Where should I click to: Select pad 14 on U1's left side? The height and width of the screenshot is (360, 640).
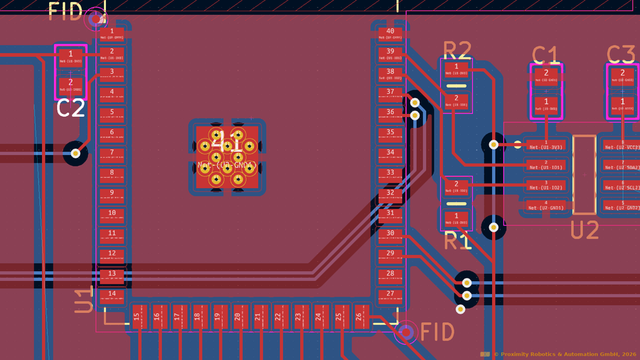(112, 295)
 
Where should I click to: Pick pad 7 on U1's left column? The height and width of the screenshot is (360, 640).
(112, 153)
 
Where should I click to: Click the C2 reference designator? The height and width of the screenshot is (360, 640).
(70, 109)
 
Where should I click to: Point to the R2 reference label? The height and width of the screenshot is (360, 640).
(457, 50)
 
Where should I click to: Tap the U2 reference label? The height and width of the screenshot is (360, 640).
(585, 230)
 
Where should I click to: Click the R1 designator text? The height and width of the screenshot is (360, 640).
(457, 241)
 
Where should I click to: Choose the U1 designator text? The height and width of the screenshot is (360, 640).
(83, 300)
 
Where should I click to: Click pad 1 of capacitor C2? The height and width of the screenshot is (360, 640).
(70, 56)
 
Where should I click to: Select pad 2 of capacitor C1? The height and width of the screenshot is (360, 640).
(546, 75)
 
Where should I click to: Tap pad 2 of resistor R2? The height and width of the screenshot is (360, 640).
(456, 100)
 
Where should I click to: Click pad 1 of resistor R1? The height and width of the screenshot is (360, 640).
(456, 218)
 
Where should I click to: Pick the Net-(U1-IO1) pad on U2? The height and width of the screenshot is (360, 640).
(545, 167)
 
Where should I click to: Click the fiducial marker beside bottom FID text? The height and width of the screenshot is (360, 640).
(407, 332)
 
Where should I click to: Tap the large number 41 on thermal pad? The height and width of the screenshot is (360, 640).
(227, 140)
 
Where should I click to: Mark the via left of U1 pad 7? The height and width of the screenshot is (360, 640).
(75, 152)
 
